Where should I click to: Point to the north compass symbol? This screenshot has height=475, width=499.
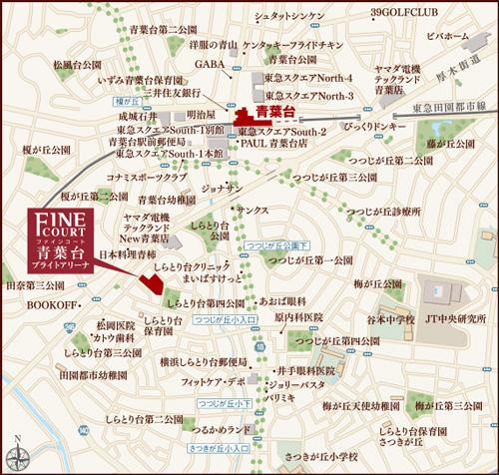[18, 451]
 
